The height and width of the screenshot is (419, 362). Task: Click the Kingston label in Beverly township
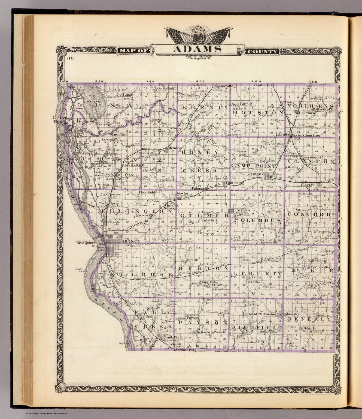click(293, 314)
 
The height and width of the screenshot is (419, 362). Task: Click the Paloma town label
click(199, 188)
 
